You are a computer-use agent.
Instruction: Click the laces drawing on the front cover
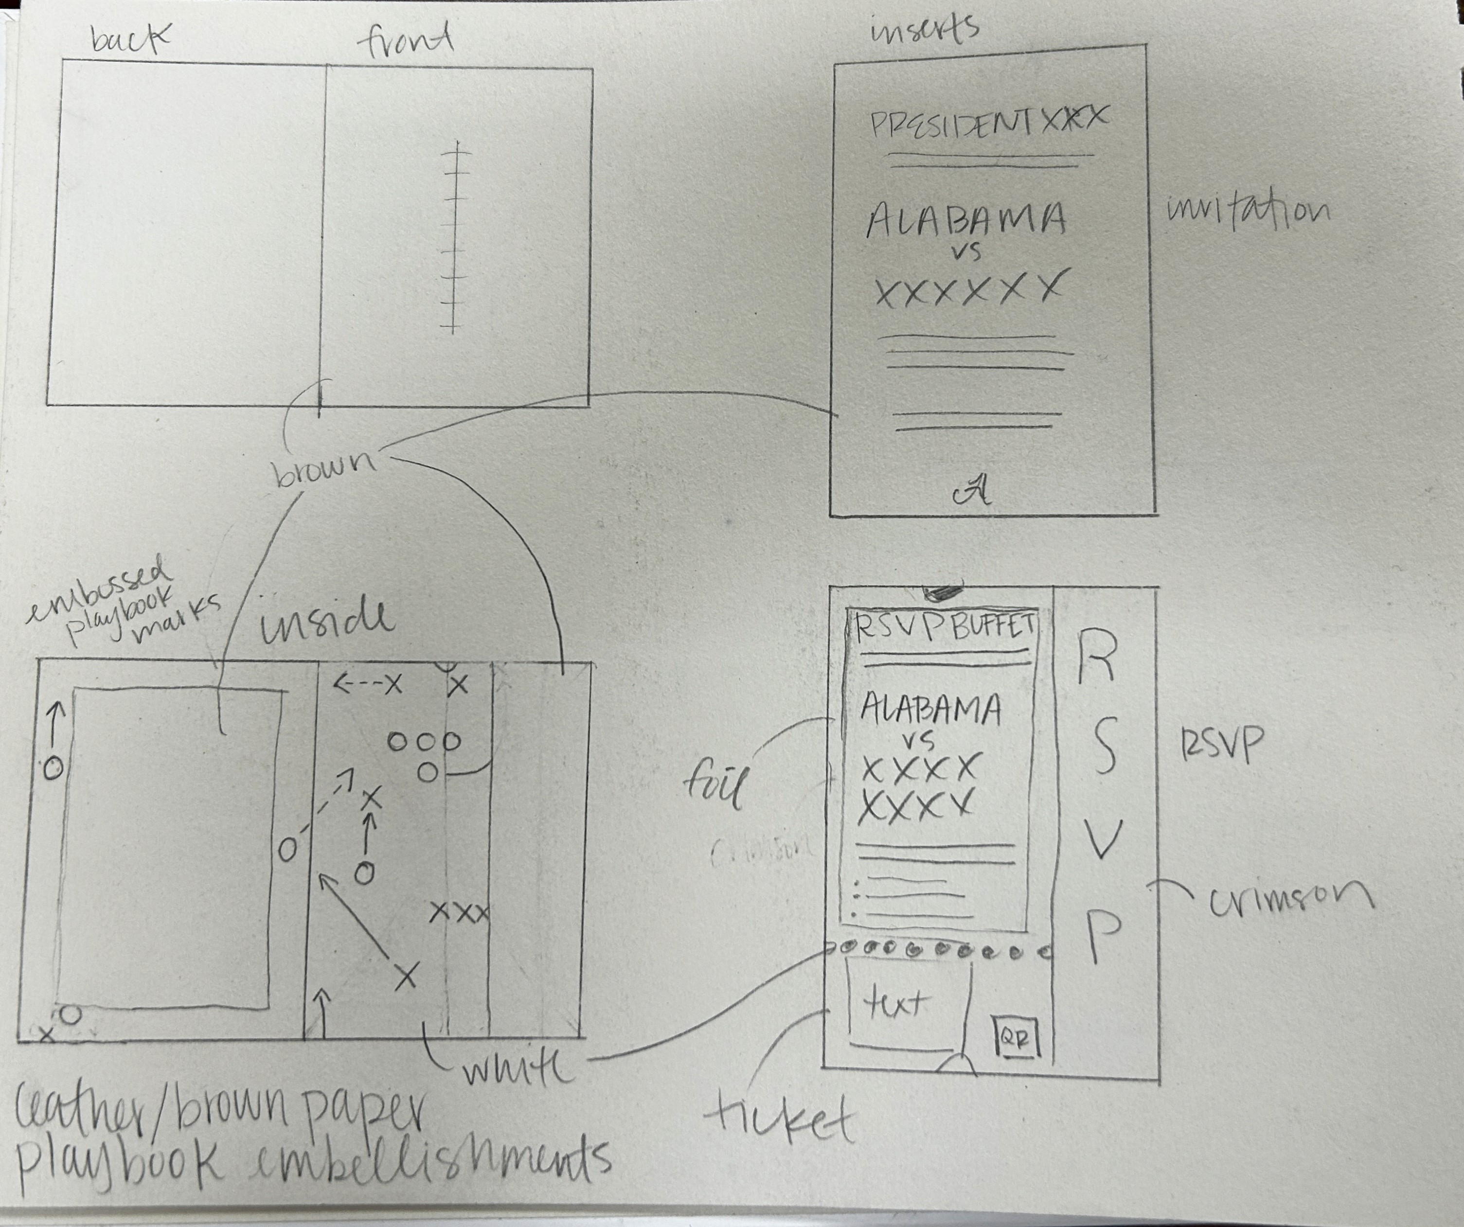click(x=455, y=237)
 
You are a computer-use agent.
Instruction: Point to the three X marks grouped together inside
click(x=459, y=911)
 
